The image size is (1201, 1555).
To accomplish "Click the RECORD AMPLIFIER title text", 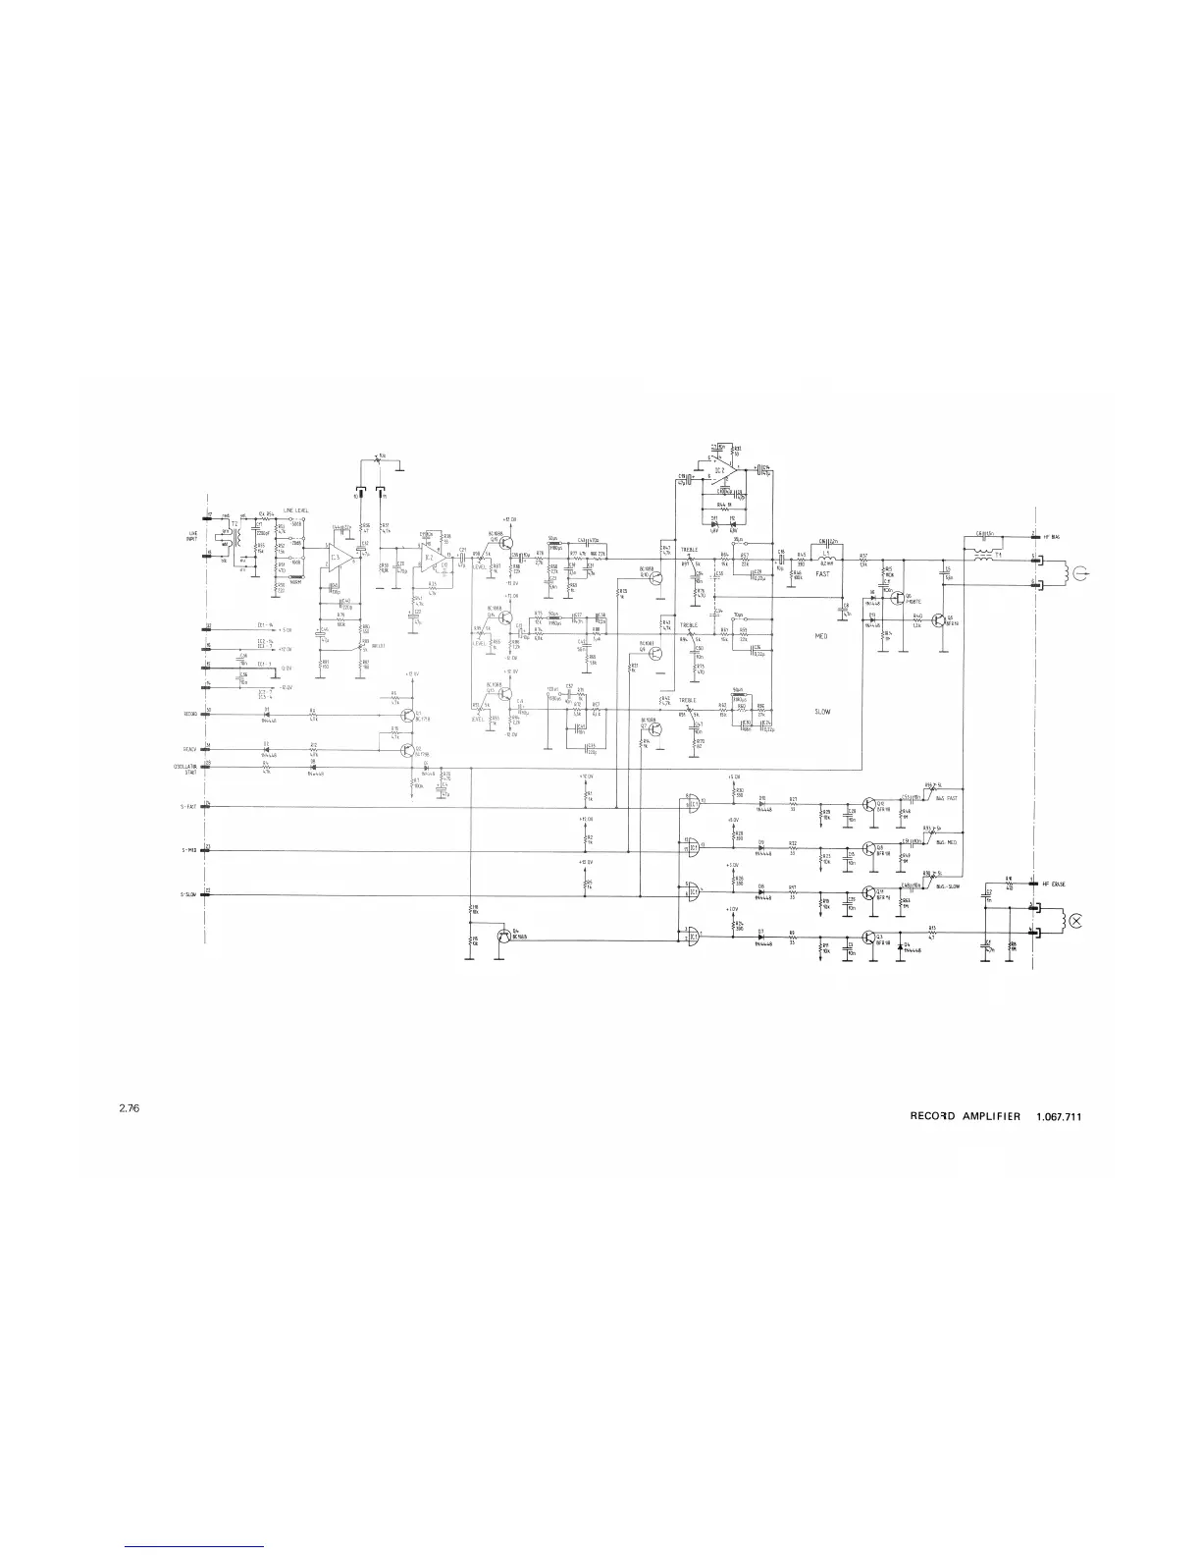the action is pyautogui.click(x=966, y=1116).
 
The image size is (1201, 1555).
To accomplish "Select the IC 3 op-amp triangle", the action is pyautogui.click(x=339, y=557).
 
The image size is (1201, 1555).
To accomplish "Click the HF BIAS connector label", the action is pyautogui.click(x=1053, y=536).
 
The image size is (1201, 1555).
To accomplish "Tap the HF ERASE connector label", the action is pyautogui.click(x=1054, y=885).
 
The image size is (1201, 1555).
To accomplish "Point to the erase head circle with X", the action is pyautogui.click(x=1076, y=920).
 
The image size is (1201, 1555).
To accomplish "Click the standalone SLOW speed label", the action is pyautogui.click(x=822, y=711).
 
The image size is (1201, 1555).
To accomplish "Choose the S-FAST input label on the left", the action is pyautogui.click(x=188, y=807).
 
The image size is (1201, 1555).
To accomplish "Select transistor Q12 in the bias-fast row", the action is pyautogui.click(x=868, y=804).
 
